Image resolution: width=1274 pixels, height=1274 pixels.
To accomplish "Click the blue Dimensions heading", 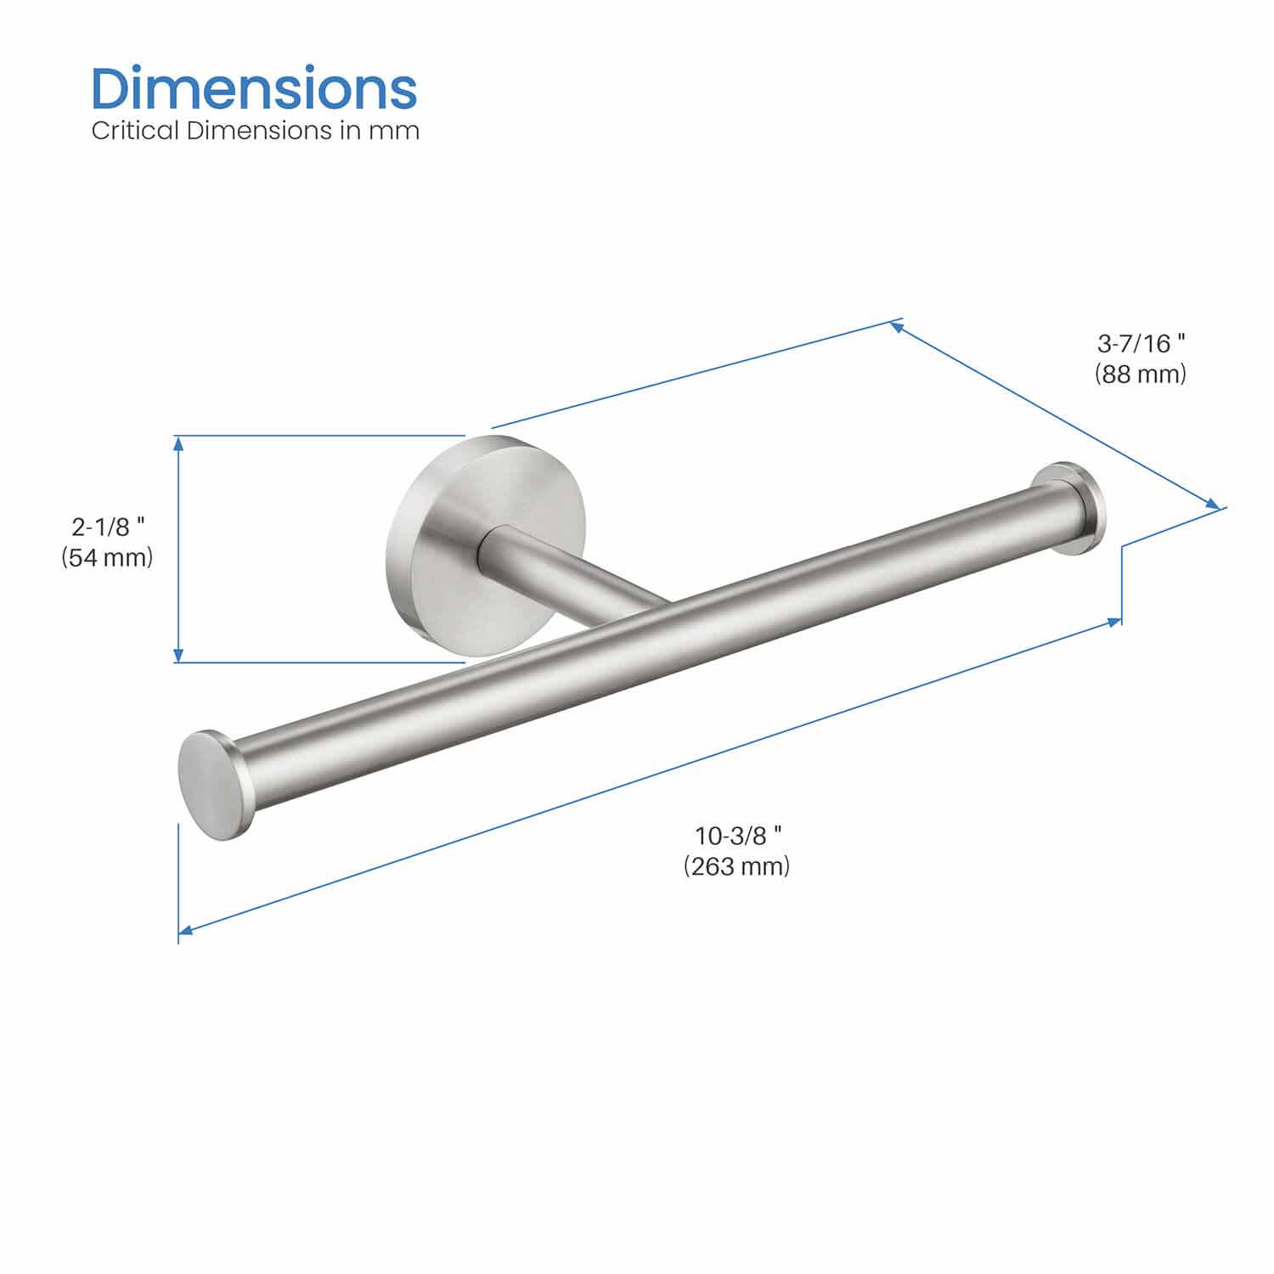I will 254,88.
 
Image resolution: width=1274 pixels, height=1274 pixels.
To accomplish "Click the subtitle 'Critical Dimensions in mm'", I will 255,131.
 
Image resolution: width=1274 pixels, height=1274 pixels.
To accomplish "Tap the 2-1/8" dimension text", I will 108,527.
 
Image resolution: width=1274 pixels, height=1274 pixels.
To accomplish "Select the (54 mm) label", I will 108,558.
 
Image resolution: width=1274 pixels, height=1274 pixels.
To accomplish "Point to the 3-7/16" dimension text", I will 1141,343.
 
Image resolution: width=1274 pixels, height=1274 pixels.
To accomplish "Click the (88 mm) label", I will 1141,374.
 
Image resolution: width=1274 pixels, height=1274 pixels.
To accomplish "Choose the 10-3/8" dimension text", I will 737,836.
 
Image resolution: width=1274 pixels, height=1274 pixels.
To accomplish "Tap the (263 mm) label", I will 737,866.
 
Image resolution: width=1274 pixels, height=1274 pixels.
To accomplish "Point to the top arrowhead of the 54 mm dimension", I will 178,442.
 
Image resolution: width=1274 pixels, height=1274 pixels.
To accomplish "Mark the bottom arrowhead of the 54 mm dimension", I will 178,656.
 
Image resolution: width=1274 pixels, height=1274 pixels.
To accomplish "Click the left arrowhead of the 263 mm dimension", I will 185,931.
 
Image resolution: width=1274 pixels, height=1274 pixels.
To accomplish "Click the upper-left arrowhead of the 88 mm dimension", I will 897,325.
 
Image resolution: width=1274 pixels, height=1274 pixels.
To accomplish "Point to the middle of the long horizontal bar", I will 637,645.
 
